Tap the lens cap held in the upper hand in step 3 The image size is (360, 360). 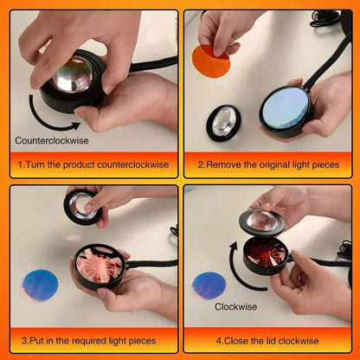pyautogui.click(x=83, y=206)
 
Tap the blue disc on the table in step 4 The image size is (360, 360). pyautogui.click(x=209, y=285)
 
